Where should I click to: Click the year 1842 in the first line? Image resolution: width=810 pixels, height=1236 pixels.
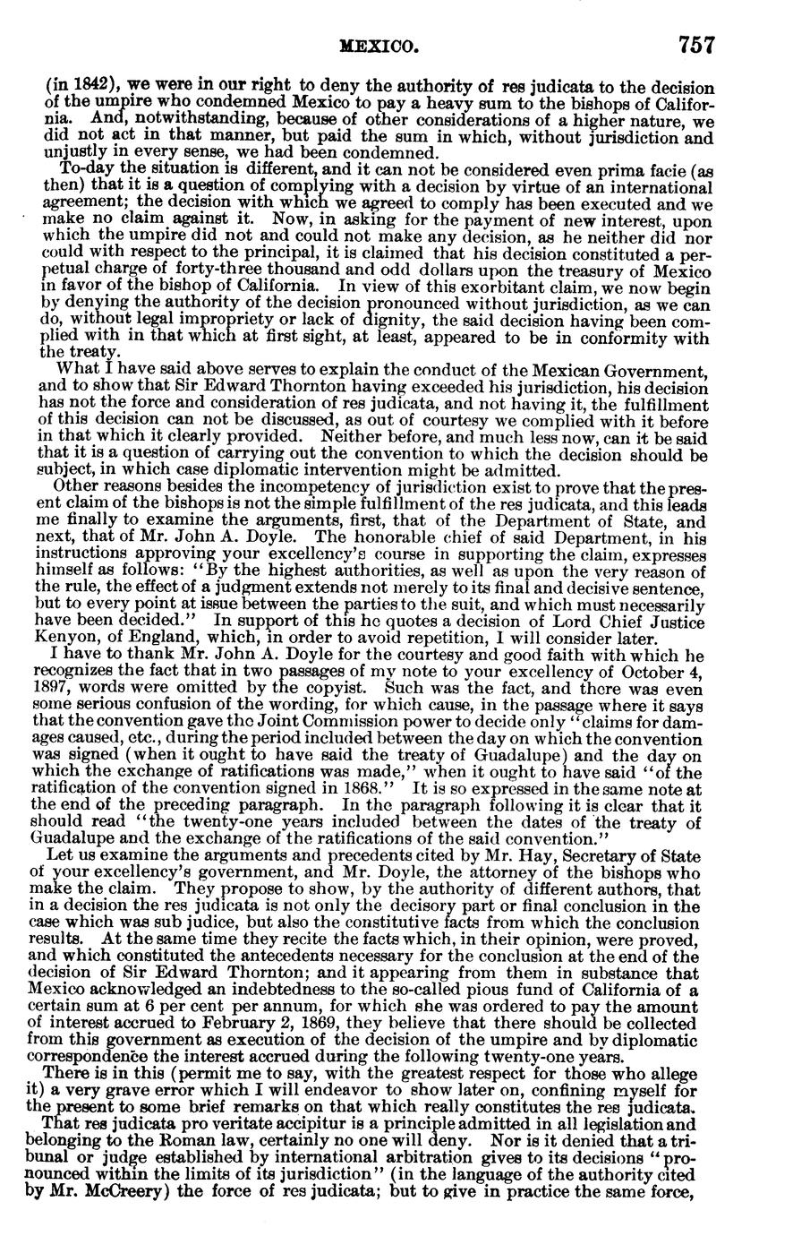pos(74,89)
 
